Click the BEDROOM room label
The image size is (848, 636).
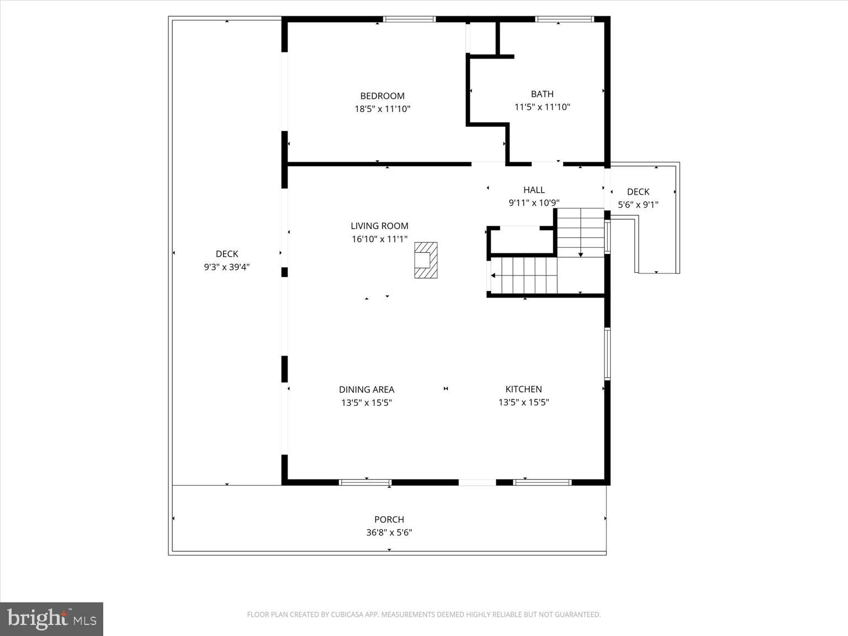tap(382, 96)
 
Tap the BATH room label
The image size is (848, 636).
tap(542, 94)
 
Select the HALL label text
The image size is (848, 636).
tap(534, 190)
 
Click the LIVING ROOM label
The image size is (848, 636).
tap(379, 226)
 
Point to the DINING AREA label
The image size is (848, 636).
tap(366, 389)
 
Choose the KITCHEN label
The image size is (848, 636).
tap(523, 389)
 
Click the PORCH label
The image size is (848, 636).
tap(389, 520)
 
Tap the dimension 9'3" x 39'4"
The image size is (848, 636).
tap(226, 267)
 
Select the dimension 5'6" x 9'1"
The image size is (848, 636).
tap(638, 205)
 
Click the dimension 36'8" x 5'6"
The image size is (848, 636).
tap(389, 533)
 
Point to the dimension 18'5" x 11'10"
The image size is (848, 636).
tap(382, 109)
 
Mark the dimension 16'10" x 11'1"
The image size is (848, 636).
tap(379, 239)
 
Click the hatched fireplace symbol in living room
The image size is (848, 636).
tap(426, 260)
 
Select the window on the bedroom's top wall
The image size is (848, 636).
tap(409, 19)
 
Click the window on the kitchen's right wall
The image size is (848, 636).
tap(607, 354)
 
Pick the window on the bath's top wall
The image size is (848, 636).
tap(564, 19)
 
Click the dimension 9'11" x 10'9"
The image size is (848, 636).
tap(534, 203)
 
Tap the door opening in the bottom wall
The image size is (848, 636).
tap(477, 483)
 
